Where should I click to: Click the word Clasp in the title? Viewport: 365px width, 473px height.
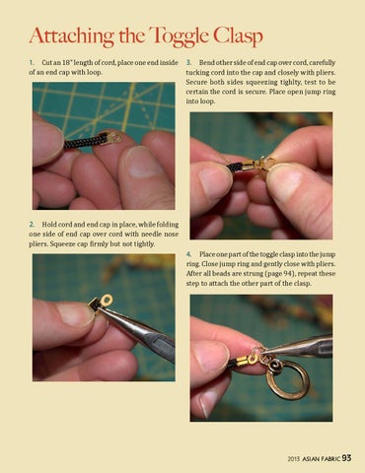click(238, 35)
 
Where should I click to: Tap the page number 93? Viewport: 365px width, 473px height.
click(346, 458)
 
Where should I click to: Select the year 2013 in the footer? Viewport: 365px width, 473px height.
click(294, 459)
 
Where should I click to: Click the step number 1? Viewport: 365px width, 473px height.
click(32, 62)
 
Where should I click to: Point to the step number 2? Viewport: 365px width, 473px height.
click(32, 225)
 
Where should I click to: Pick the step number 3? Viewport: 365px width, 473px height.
click(188, 62)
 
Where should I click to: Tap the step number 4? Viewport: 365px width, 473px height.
click(188, 254)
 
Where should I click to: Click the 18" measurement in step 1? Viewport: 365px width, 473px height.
click(67, 62)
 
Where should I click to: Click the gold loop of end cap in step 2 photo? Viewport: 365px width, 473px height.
click(107, 300)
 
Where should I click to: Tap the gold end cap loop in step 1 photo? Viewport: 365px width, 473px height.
click(115, 136)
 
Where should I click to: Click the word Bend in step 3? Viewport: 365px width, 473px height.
click(206, 62)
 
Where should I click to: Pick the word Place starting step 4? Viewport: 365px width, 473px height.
click(207, 254)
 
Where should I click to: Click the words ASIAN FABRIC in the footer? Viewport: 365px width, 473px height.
click(322, 459)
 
